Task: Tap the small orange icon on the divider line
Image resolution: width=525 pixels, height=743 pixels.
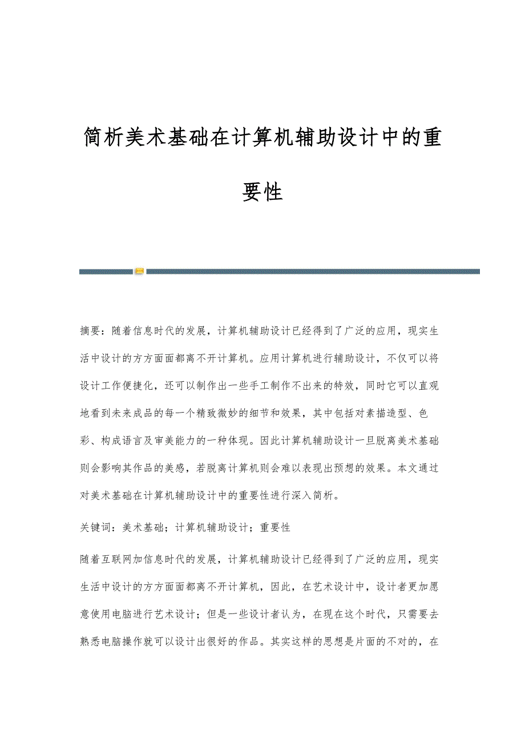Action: point(139,271)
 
